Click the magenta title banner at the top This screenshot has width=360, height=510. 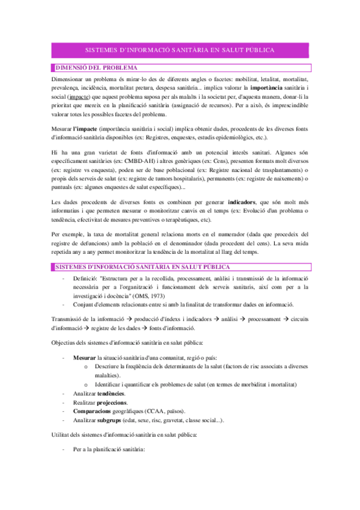pyautogui.click(x=180, y=51)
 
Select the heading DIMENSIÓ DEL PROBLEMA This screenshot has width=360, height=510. pyautogui.click(x=96, y=67)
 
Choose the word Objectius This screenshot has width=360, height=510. pyautogui.click(x=66, y=343)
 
